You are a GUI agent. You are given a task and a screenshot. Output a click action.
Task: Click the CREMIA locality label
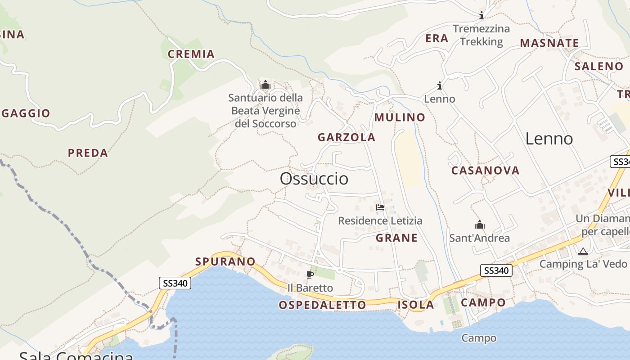tap(191, 54)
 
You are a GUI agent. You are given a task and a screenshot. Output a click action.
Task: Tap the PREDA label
tap(88, 153)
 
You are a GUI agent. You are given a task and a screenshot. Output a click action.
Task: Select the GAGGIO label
tap(26, 113)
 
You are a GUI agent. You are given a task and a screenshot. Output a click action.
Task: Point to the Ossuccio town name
tap(314, 179)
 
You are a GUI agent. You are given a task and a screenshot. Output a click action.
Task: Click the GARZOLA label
tap(346, 137)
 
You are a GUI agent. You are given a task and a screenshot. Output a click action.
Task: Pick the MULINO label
tap(400, 117)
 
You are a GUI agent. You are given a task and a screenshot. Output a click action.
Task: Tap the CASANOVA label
tap(485, 171)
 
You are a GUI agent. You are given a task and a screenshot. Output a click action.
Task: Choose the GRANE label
tap(396, 238)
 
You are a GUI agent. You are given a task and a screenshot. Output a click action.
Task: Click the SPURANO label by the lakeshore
tap(225, 261)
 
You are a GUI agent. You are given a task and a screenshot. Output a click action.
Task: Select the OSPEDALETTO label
tap(322, 305)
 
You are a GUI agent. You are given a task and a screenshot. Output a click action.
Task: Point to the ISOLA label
tap(415, 305)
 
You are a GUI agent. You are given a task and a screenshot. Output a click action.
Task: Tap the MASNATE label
tap(549, 43)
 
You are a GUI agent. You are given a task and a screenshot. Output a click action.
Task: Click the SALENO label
tap(598, 66)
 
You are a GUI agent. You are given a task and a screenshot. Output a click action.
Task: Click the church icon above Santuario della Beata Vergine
tap(265, 85)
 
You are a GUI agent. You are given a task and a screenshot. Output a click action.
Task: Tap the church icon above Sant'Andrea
tap(479, 225)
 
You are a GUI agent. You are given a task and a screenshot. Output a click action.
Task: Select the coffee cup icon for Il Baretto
tap(310, 274)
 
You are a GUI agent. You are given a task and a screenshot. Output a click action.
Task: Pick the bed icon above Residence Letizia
tap(380, 207)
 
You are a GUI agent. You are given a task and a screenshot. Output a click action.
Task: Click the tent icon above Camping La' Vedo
tap(583, 251)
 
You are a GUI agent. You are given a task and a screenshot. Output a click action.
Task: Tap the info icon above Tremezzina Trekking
tap(481, 16)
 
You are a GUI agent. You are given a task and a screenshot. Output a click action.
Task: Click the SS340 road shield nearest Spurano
tap(175, 283)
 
